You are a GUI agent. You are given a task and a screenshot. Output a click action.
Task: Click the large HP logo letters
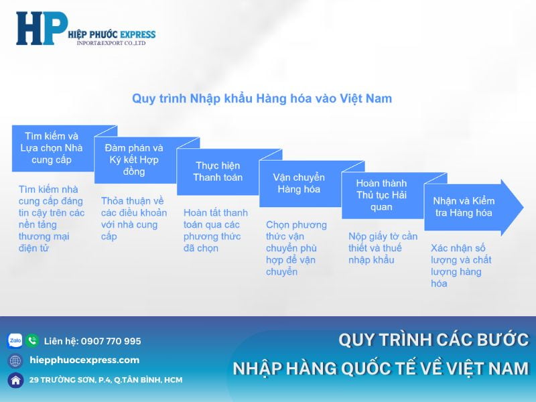pyautogui.click(x=42, y=28)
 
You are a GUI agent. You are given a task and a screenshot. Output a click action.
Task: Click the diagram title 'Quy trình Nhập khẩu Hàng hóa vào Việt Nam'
pyautogui.click(x=262, y=98)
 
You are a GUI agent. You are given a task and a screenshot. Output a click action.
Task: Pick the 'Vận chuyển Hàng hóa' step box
pyautogui.click(x=299, y=183)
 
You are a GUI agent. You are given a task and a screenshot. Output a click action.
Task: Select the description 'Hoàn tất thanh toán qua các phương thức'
pyautogui.click(x=215, y=230)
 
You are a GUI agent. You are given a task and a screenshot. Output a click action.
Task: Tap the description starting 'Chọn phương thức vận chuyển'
pyautogui.click(x=296, y=248)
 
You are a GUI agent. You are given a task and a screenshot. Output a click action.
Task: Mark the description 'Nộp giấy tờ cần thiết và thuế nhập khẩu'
pyautogui.click(x=383, y=248)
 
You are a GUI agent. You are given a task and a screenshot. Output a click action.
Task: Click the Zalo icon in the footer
pyautogui.click(x=15, y=340)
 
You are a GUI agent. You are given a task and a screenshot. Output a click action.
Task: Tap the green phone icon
pyautogui.click(x=32, y=340)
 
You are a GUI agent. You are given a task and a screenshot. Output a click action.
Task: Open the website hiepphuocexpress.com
pyautogui.click(x=84, y=360)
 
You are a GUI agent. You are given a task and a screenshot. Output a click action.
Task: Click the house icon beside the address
pyautogui.click(x=15, y=380)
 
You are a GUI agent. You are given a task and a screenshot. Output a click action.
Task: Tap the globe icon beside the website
pyautogui.click(x=15, y=360)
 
